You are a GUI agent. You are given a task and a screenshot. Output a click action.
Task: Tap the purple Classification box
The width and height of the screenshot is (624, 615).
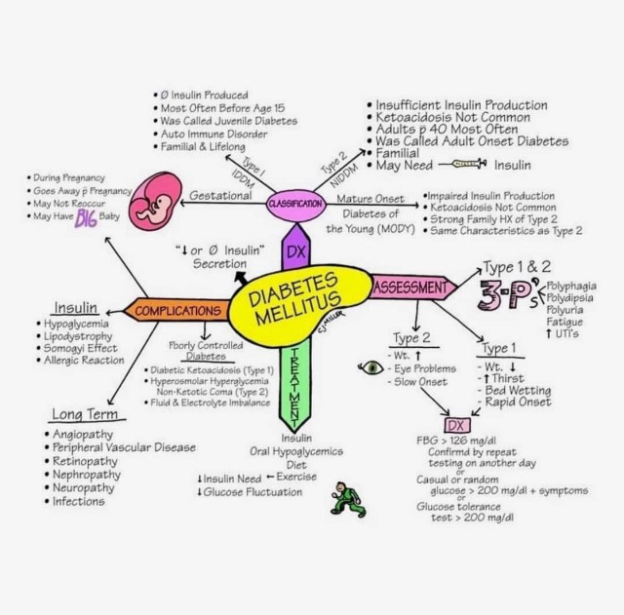[294, 204]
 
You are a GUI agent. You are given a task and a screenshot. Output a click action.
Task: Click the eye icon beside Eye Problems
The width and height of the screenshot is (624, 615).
[371, 368]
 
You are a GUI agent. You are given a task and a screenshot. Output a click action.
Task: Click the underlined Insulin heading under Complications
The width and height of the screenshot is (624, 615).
[75, 304]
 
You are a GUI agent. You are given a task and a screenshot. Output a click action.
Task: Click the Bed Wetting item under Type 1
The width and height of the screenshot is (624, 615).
[525, 390]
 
